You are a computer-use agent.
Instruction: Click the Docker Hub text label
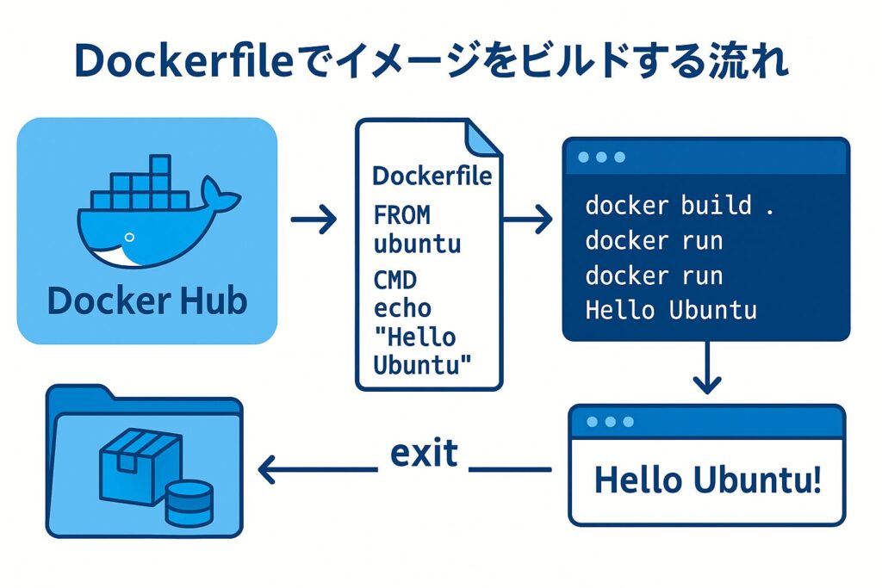coord(147,301)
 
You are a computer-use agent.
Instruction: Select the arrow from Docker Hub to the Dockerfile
coord(314,221)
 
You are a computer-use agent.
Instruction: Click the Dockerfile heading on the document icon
coord(432,176)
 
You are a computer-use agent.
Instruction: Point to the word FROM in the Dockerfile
coord(402,214)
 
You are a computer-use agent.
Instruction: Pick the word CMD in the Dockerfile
coord(395,280)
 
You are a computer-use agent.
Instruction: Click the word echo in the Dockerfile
coord(402,307)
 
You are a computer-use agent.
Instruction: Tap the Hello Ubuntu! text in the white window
coord(707,480)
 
